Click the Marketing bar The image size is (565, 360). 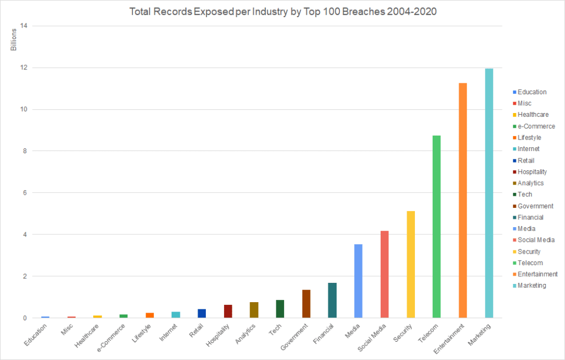pyautogui.click(x=489, y=193)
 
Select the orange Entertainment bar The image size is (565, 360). pyautogui.click(x=463, y=201)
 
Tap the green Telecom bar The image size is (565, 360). pyautogui.click(x=436, y=227)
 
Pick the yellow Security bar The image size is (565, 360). pyautogui.click(x=411, y=265)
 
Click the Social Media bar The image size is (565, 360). pyautogui.click(x=385, y=275)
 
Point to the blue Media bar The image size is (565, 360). pyautogui.click(x=358, y=281)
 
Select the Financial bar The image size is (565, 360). pyautogui.click(x=332, y=300)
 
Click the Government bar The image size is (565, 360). pyautogui.click(x=306, y=304)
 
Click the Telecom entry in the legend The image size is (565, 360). pyautogui.click(x=530, y=263)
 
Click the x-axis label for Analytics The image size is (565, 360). pyautogui.click(x=246, y=334)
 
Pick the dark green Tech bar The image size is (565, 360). pyautogui.click(x=280, y=309)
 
